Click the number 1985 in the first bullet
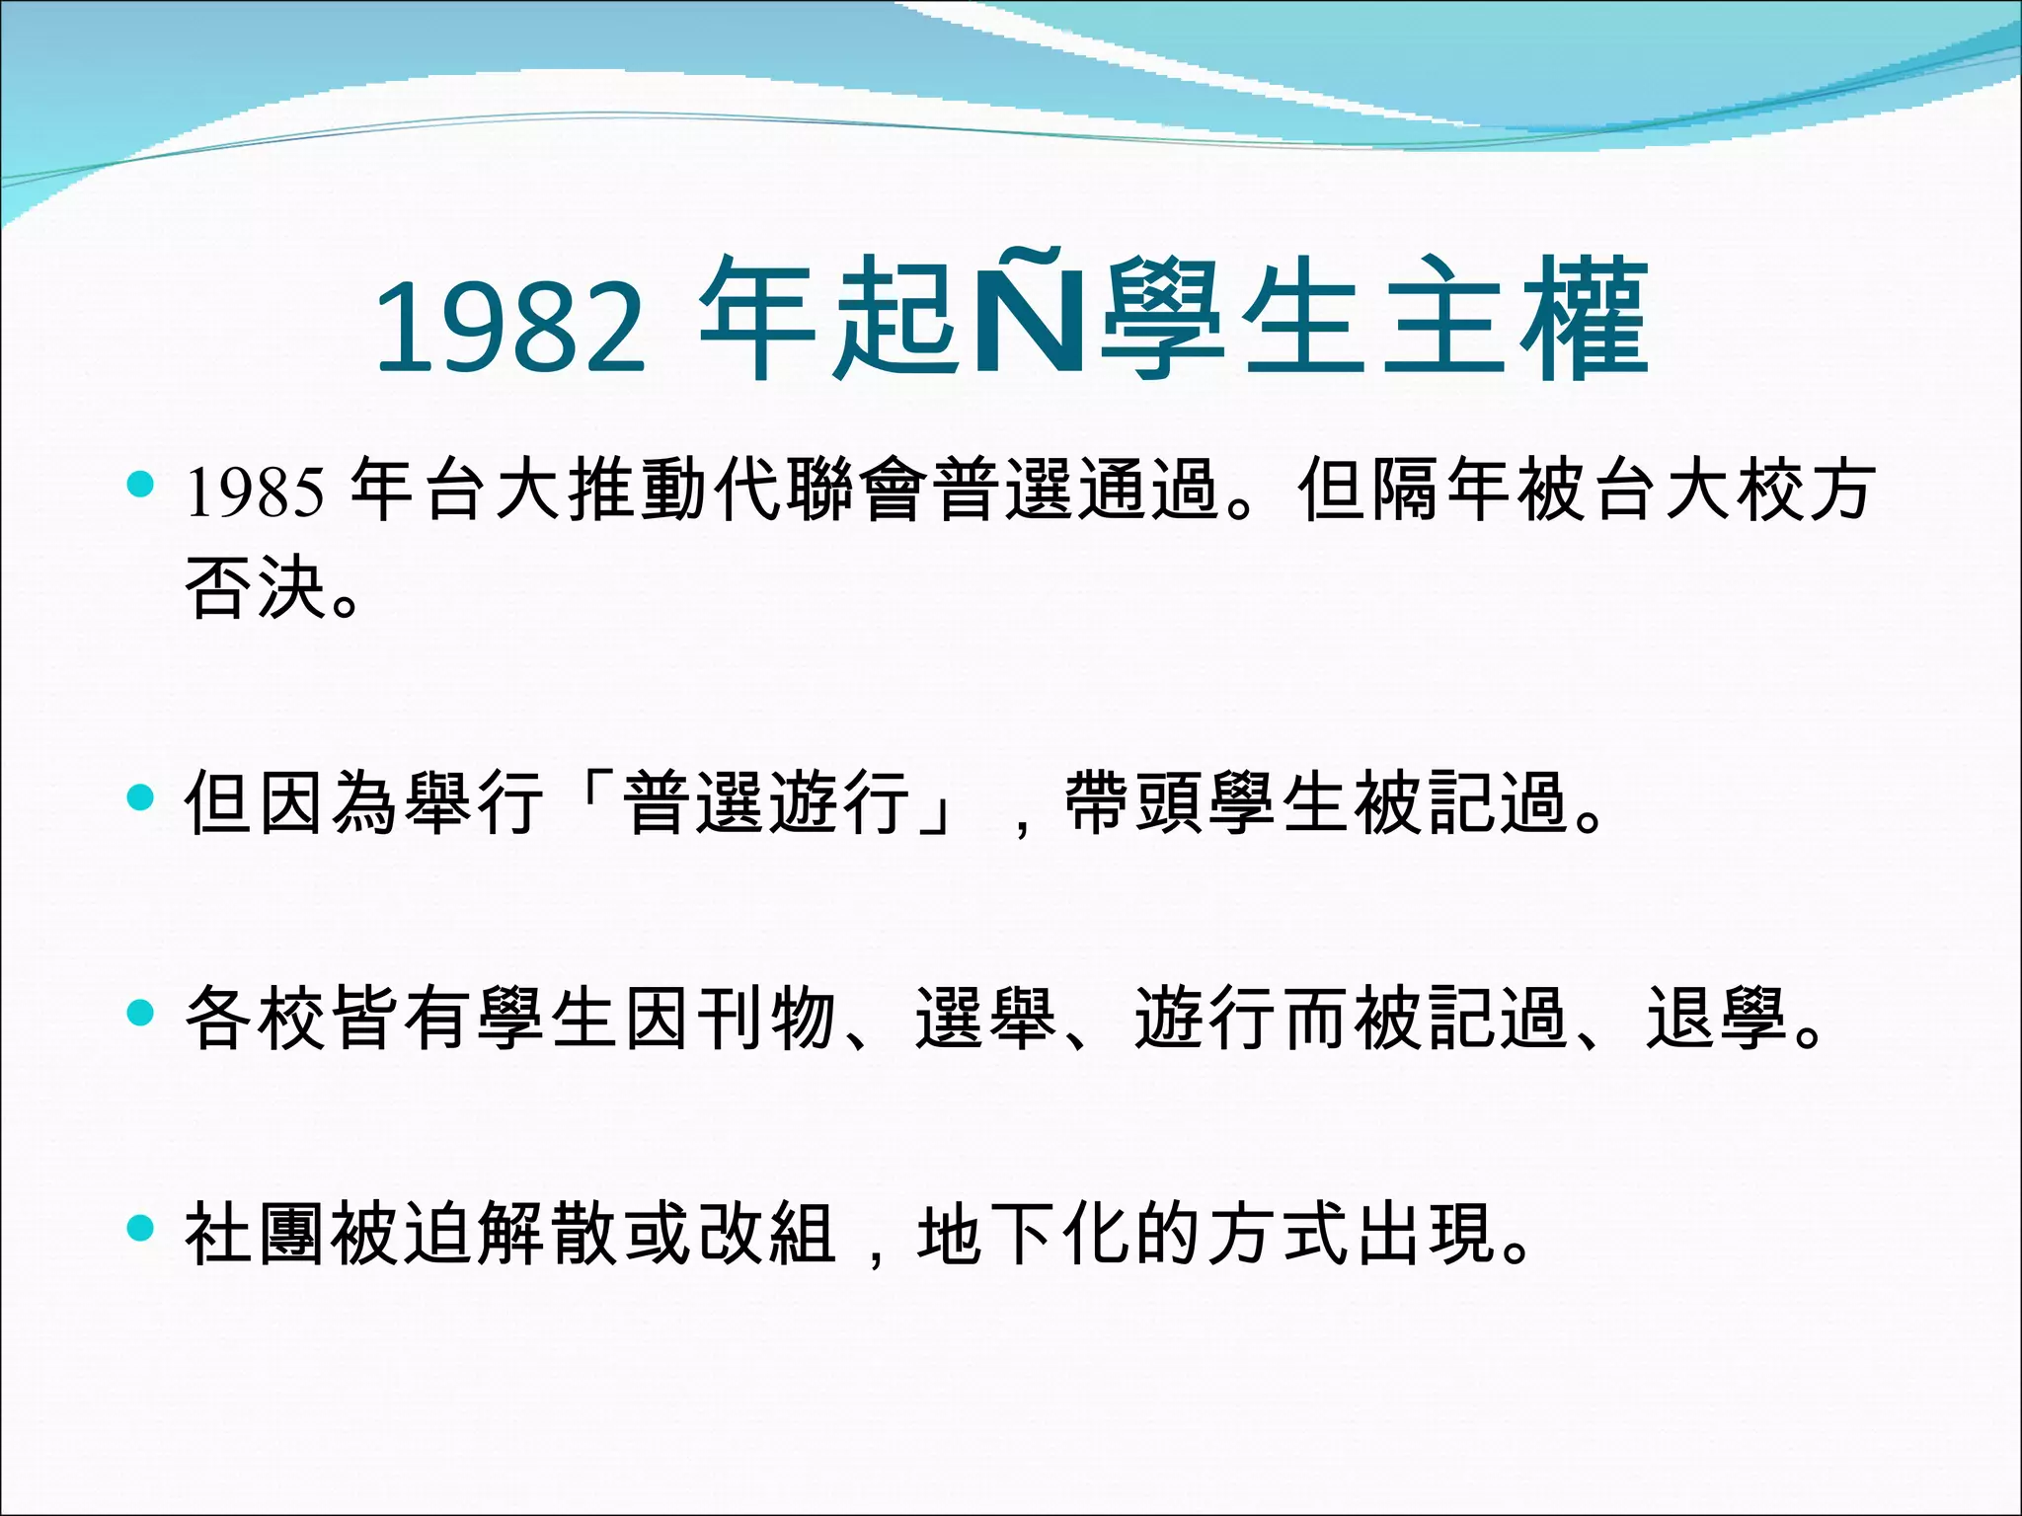pos(255,492)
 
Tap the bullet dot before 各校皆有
pos(141,1013)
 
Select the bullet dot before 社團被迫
pos(141,1228)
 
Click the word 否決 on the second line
pos(255,589)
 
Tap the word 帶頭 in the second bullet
pos(1134,801)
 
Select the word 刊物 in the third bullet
pos(767,1017)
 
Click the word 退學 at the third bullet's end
pos(1717,1017)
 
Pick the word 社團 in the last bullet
pos(255,1233)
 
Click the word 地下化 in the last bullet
pos(1024,1233)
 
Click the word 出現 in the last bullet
pos(1425,1233)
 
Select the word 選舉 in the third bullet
pos(985,1017)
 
